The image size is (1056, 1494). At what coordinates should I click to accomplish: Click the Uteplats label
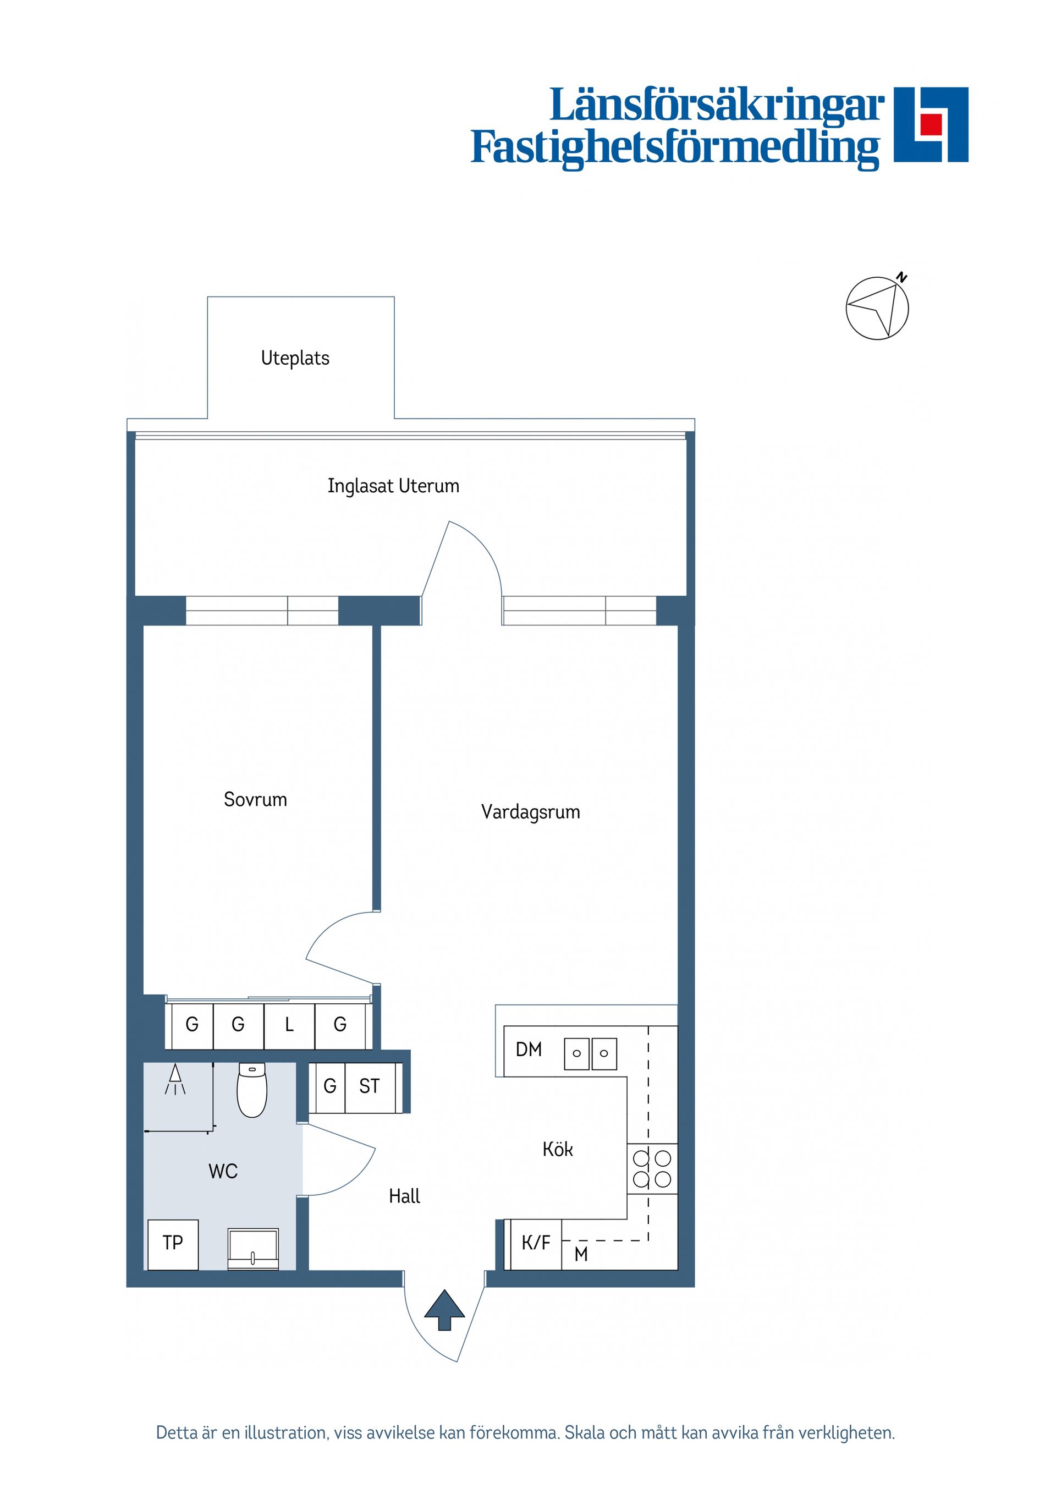tap(295, 358)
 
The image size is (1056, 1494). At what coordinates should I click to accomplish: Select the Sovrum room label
tap(255, 799)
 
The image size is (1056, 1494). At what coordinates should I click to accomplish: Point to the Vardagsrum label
tap(530, 811)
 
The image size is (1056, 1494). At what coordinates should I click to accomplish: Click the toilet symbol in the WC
tap(252, 1090)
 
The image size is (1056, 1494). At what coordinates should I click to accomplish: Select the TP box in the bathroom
tap(173, 1242)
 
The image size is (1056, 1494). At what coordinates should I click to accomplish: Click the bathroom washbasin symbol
tap(253, 1248)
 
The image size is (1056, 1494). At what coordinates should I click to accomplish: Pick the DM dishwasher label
tap(529, 1050)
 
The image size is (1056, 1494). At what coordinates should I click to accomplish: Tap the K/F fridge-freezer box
tap(536, 1243)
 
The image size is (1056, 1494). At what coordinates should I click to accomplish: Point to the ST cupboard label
tap(369, 1086)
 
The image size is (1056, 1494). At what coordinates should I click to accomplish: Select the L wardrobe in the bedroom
tap(289, 1025)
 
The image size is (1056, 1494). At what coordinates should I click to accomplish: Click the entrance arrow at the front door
tap(444, 1309)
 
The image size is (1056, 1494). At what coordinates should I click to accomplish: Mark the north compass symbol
tap(877, 307)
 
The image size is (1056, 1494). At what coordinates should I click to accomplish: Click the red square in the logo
tap(931, 124)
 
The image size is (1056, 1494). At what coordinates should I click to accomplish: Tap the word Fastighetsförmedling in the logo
tap(675, 148)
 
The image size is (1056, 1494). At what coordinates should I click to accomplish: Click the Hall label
tap(404, 1196)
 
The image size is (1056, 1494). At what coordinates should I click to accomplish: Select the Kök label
tap(558, 1150)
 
